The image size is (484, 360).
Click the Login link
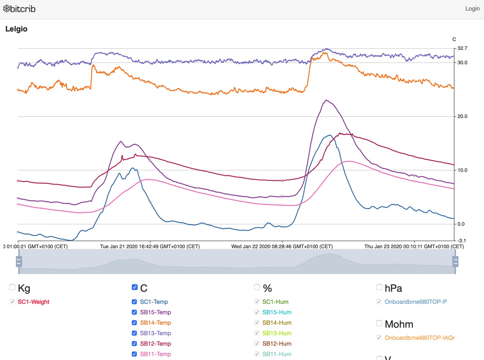tap(472, 8)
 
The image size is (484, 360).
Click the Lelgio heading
tap(16, 29)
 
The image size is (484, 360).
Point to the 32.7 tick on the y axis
tap(462, 48)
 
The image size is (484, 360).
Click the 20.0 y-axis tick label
tap(462, 116)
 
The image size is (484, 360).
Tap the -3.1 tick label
tap(462, 240)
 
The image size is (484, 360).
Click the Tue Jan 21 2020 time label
tap(150, 247)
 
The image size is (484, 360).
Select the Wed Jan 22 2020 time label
tap(282, 247)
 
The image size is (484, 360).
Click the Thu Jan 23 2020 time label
tap(414, 247)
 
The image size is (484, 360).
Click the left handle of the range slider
tap(19, 262)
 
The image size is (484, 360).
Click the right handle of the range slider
tap(456, 262)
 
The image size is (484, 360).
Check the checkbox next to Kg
tap(12, 287)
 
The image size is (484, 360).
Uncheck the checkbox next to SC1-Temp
tap(134, 302)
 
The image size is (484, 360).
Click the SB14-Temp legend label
tap(155, 323)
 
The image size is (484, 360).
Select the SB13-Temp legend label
tap(155, 333)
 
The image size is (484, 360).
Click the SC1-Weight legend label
tap(33, 302)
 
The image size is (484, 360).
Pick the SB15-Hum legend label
tap(277, 312)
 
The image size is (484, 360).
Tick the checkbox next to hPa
tap(379, 287)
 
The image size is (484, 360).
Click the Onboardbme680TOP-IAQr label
tap(419, 337)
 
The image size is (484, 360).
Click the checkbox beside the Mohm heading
tap(379, 323)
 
